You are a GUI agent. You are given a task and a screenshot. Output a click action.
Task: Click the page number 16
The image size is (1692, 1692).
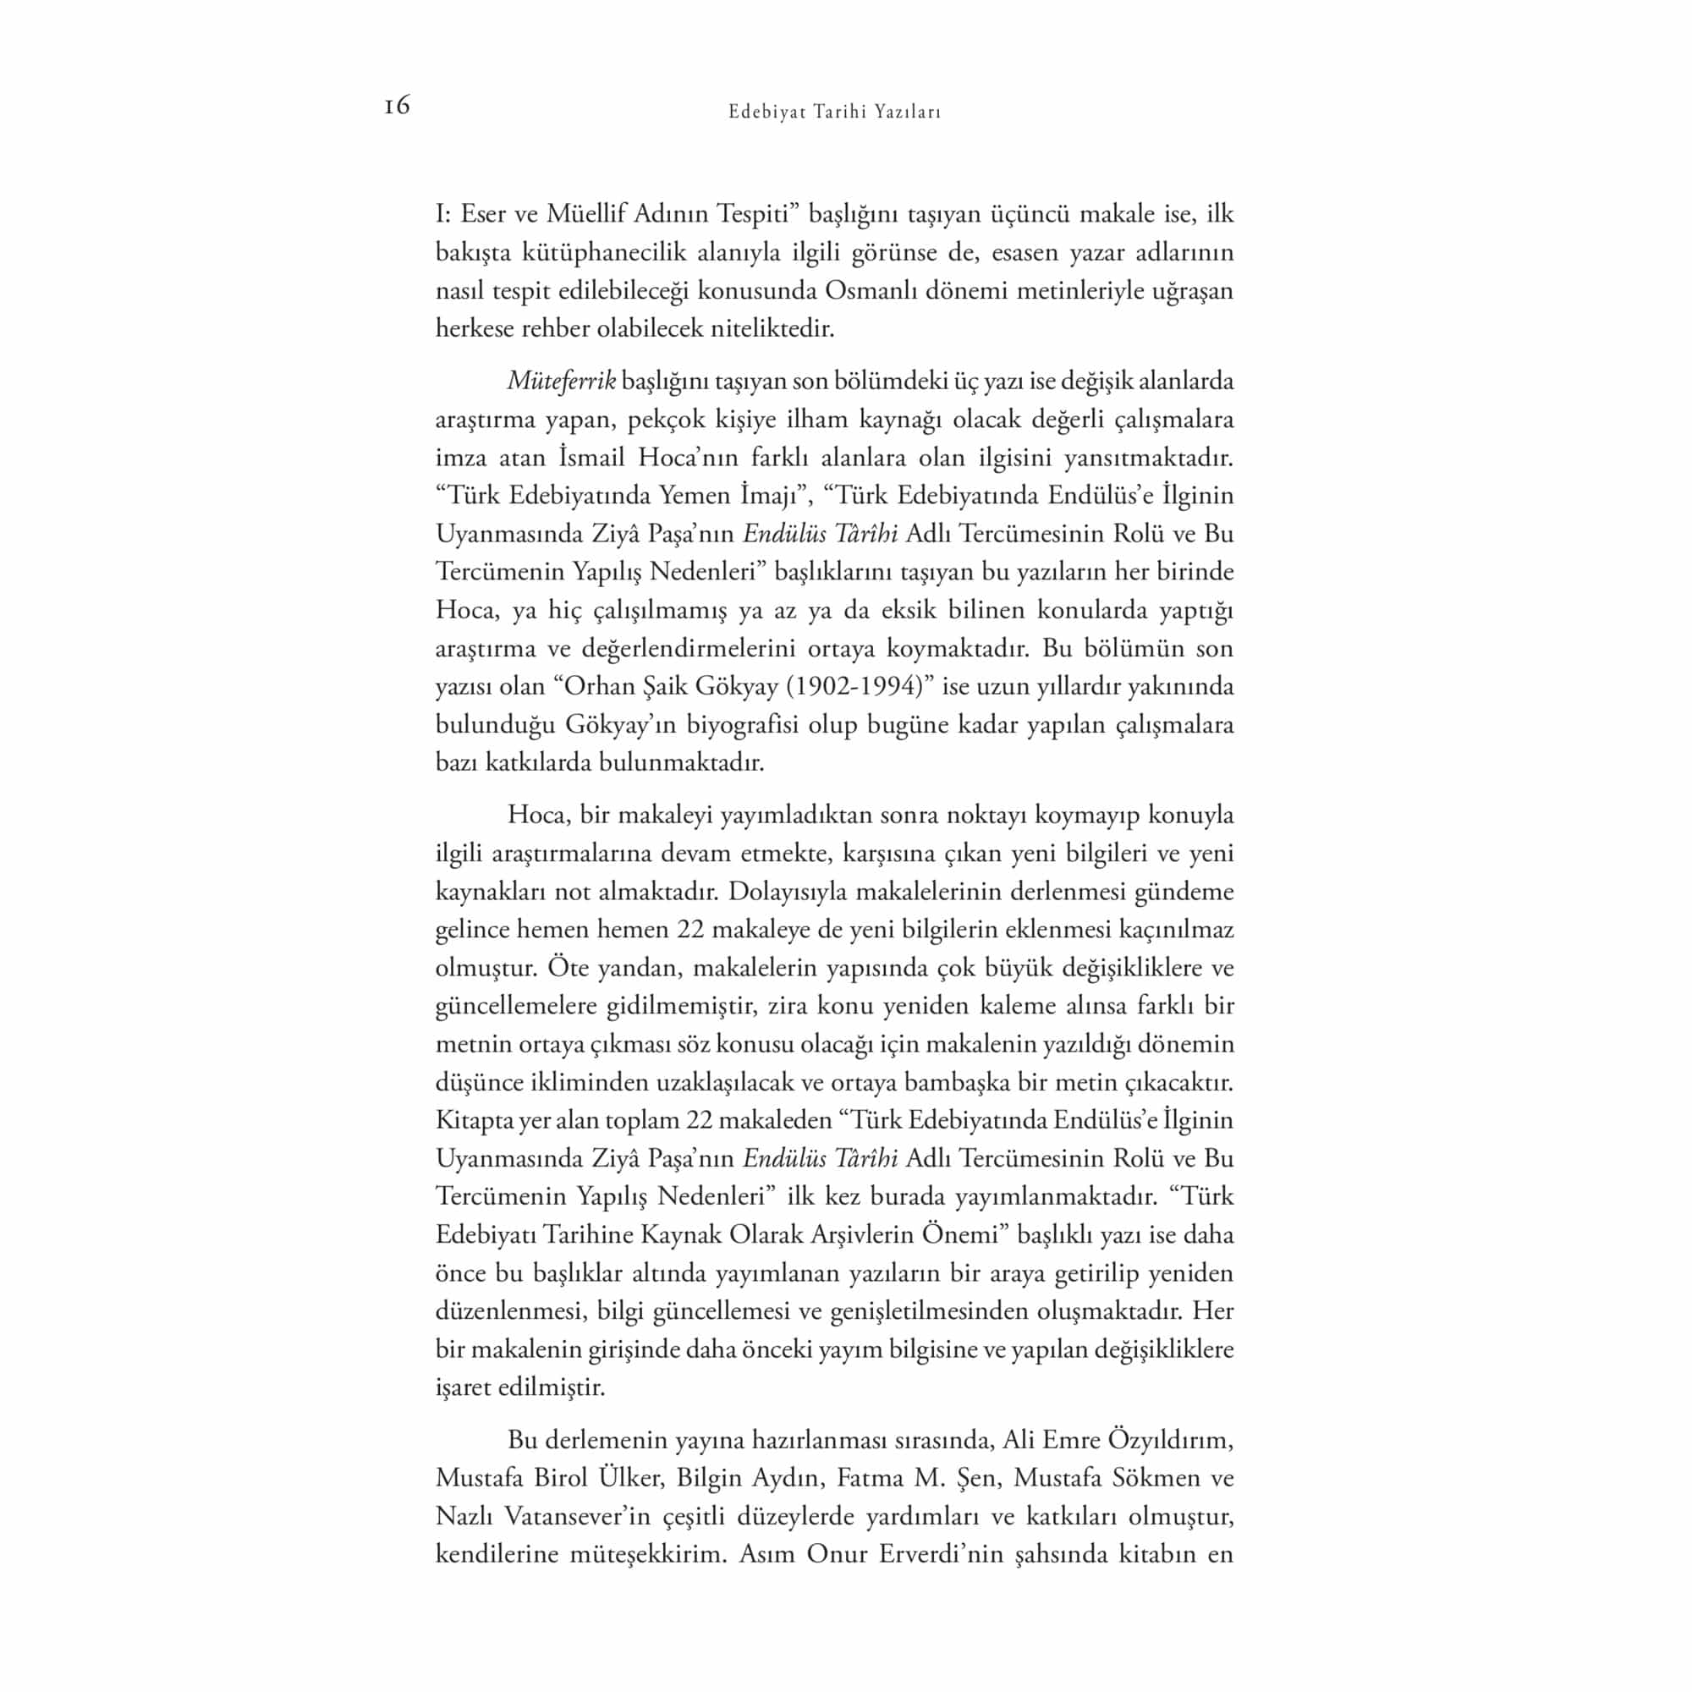point(397,106)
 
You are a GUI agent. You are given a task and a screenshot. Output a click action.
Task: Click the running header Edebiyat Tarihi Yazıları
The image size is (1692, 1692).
point(835,113)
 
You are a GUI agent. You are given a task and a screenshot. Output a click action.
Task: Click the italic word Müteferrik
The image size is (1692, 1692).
point(562,381)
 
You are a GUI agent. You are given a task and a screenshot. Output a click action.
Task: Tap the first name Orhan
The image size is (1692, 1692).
point(599,686)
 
